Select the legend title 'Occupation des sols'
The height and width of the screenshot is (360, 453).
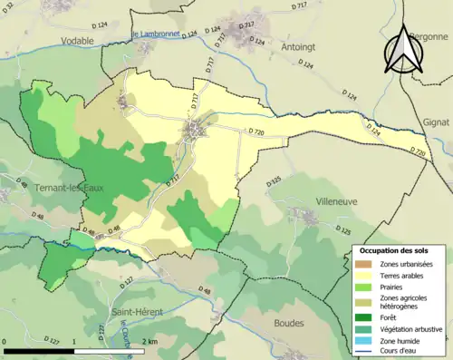[388, 250]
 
